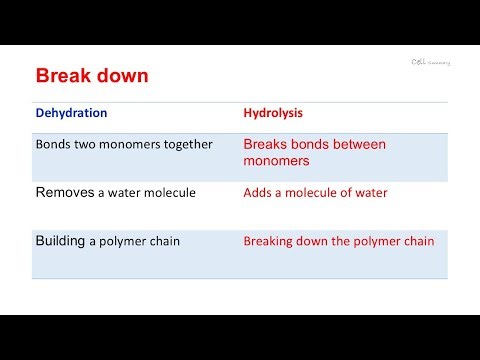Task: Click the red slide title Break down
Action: [93, 76]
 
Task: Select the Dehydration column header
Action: [71, 113]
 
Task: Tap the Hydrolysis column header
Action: [274, 113]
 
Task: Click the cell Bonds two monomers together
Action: [124, 144]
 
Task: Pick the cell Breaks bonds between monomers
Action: [314, 152]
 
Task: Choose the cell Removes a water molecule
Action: [115, 192]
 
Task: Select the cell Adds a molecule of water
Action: [315, 193]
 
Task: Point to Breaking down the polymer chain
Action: [339, 241]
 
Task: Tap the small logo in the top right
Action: [430, 61]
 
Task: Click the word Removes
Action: [64, 192]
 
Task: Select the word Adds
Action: [259, 193]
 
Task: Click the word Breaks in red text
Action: [265, 144]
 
